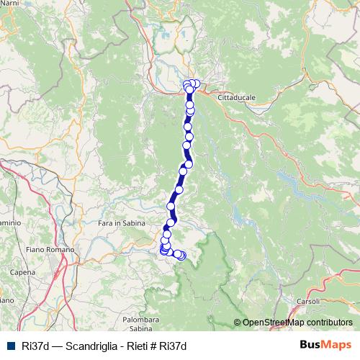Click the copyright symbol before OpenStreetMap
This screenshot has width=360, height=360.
coord(237,323)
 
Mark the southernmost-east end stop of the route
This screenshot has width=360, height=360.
coord(181,255)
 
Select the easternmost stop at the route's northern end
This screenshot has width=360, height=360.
coord(196,84)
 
